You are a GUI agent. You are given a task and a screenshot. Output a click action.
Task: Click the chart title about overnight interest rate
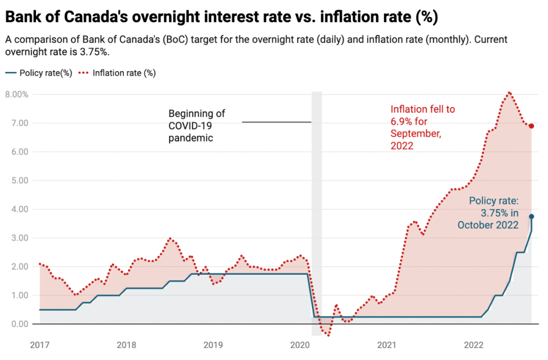point(221,17)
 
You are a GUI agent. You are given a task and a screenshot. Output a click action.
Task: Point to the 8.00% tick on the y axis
point(17,94)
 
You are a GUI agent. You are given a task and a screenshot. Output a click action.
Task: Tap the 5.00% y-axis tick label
point(17,180)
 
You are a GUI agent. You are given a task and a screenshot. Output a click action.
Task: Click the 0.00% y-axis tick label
point(17,324)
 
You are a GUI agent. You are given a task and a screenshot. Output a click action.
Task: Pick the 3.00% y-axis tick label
point(17,238)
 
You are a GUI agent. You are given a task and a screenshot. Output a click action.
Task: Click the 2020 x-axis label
point(299,345)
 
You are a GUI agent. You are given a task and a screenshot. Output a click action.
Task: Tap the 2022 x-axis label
point(473,345)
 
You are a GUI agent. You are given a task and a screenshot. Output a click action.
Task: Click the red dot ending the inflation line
point(531,126)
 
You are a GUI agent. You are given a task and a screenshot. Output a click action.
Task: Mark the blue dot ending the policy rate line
point(531,216)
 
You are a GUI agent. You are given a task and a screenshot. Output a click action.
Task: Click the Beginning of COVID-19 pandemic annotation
point(197,125)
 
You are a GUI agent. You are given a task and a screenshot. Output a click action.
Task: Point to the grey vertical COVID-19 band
point(317,213)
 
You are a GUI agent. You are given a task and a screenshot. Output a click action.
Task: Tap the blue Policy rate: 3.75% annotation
point(488,213)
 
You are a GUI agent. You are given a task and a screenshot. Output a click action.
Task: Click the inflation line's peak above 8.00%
point(509,92)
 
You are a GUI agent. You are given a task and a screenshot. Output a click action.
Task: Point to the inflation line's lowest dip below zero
point(328,335)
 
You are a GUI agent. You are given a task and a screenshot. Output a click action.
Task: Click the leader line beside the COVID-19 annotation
point(277,122)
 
